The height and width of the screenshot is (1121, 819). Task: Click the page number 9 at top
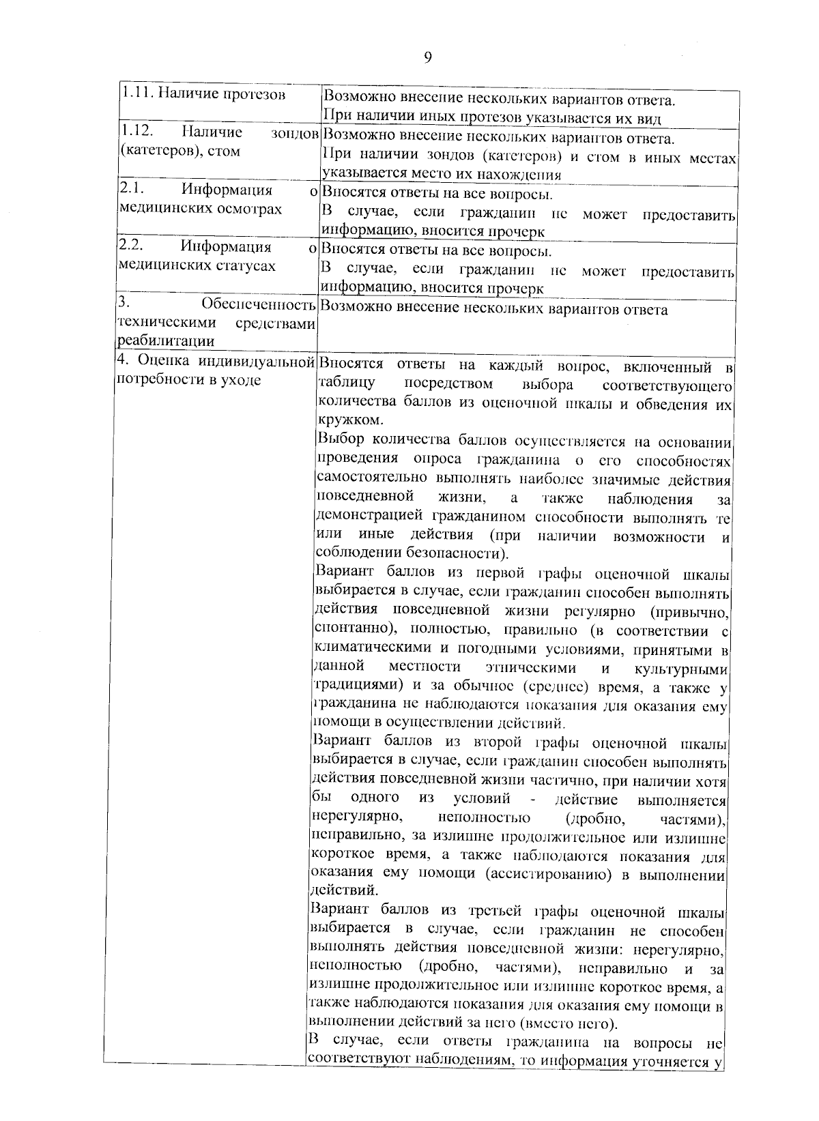pyautogui.click(x=428, y=57)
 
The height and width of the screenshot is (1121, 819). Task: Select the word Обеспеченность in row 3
pyautogui.click(x=259, y=304)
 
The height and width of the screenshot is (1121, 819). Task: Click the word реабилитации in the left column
pyautogui.click(x=167, y=341)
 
